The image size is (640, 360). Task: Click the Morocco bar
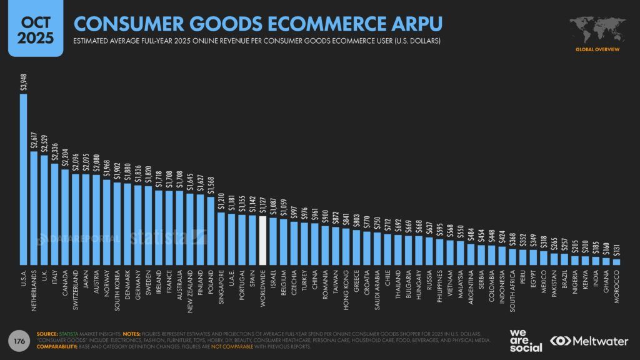click(x=616, y=262)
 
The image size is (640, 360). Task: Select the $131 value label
click(x=616, y=249)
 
